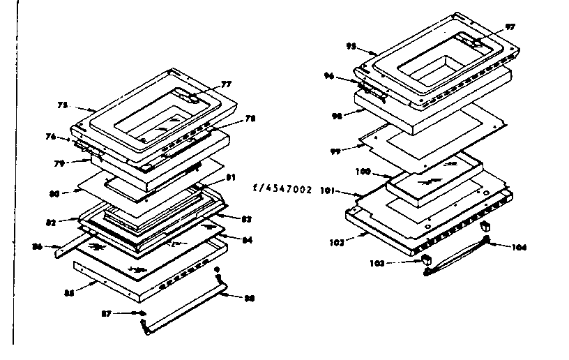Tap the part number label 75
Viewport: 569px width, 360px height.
pyautogui.click(x=62, y=105)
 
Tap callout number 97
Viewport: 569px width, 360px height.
pyautogui.click(x=510, y=27)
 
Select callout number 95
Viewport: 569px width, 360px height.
pyautogui.click(x=351, y=46)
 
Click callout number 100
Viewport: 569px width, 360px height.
pyautogui.click(x=363, y=170)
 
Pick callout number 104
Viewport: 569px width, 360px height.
pyautogui.click(x=519, y=248)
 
